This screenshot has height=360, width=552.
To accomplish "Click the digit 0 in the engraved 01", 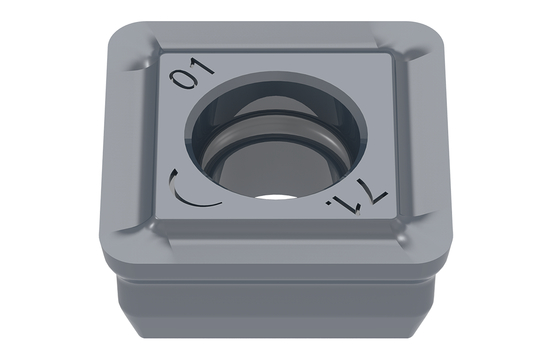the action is (x=182, y=81).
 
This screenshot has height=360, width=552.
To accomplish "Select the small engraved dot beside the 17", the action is (x=329, y=203).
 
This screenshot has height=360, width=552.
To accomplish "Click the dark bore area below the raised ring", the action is (x=271, y=169).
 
